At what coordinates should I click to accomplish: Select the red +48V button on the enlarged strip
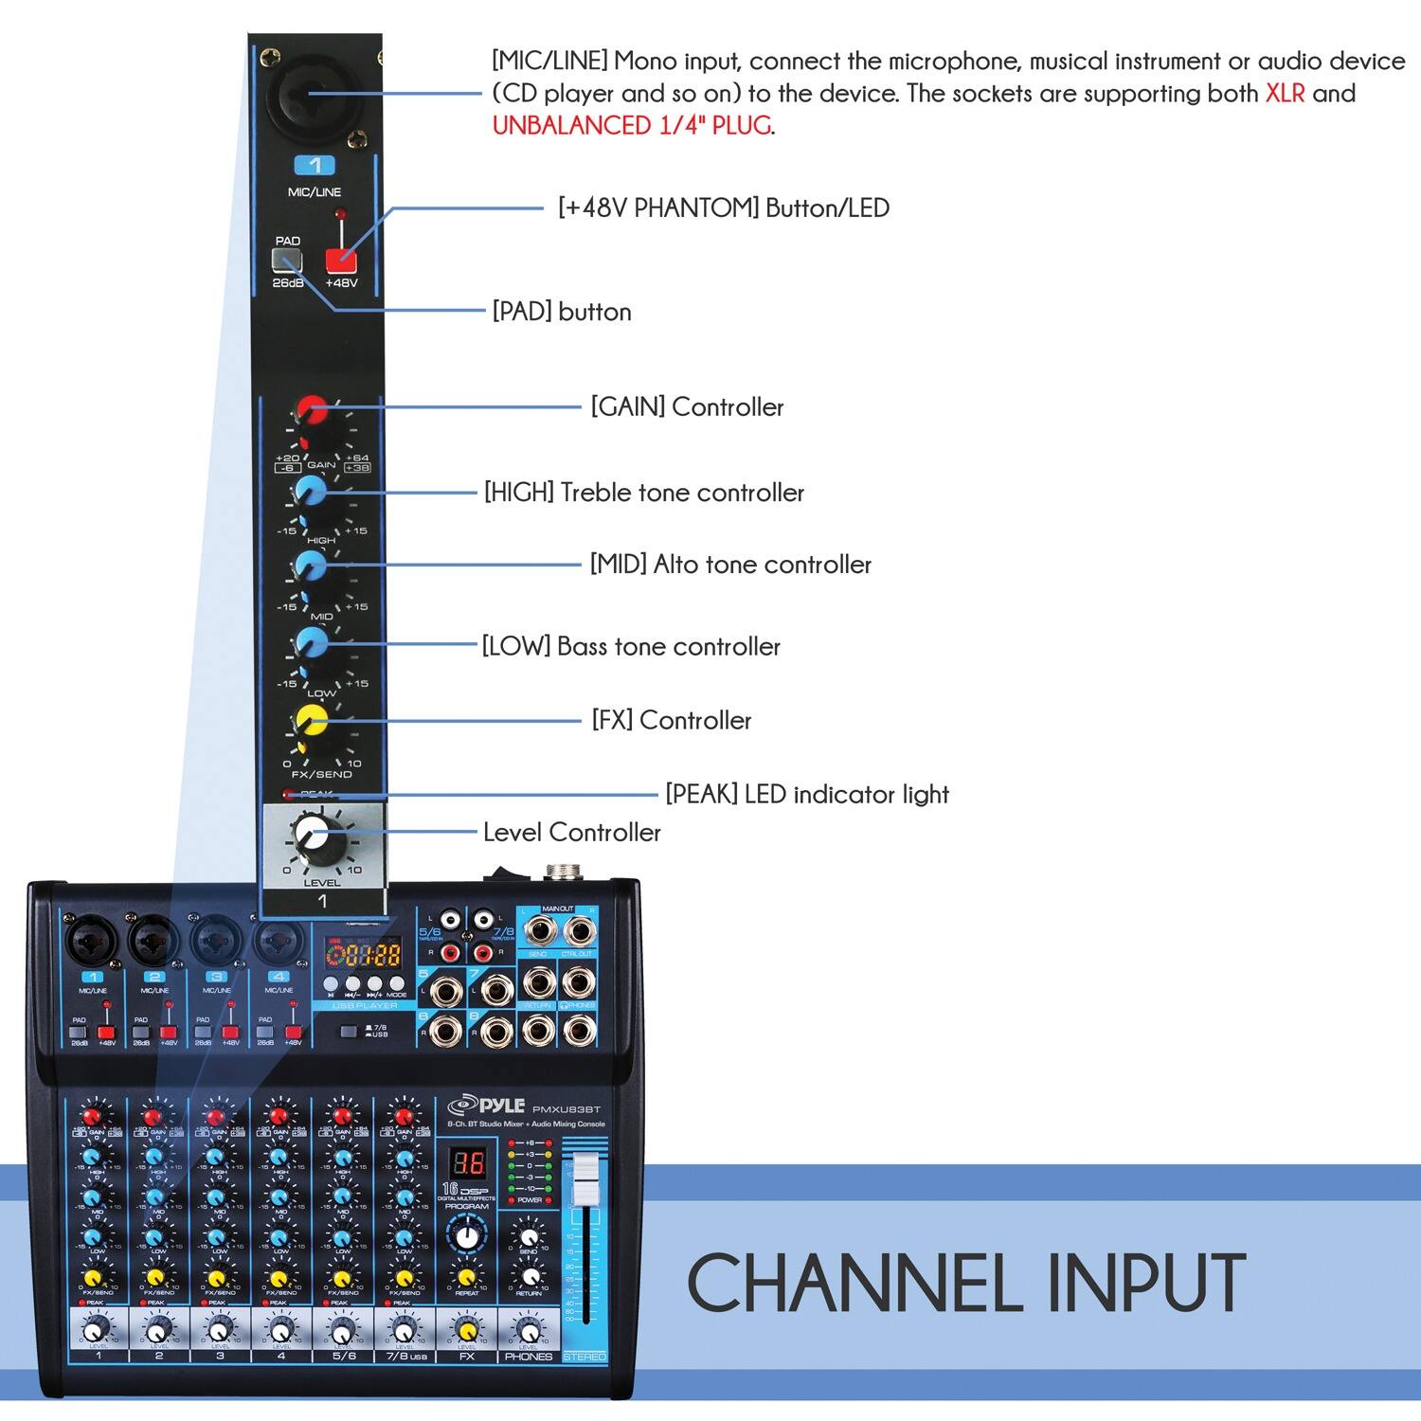point(340,261)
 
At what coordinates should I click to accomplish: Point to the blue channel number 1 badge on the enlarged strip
point(315,166)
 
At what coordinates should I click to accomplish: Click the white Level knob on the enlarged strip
point(311,836)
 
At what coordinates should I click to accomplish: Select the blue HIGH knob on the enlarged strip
point(310,491)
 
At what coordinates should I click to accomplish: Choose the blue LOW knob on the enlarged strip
point(310,643)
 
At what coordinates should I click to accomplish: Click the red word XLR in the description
point(1285,93)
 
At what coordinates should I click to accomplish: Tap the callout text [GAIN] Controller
point(687,407)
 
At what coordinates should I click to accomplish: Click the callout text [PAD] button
point(561,312)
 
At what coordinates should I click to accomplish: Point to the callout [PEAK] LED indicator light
point(806,794)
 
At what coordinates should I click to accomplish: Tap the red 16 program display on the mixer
point(466,1163)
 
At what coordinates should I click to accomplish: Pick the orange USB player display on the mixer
point(363,953)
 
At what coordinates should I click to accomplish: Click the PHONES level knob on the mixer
point(528,1330)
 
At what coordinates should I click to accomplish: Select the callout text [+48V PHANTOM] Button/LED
point(724,208)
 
